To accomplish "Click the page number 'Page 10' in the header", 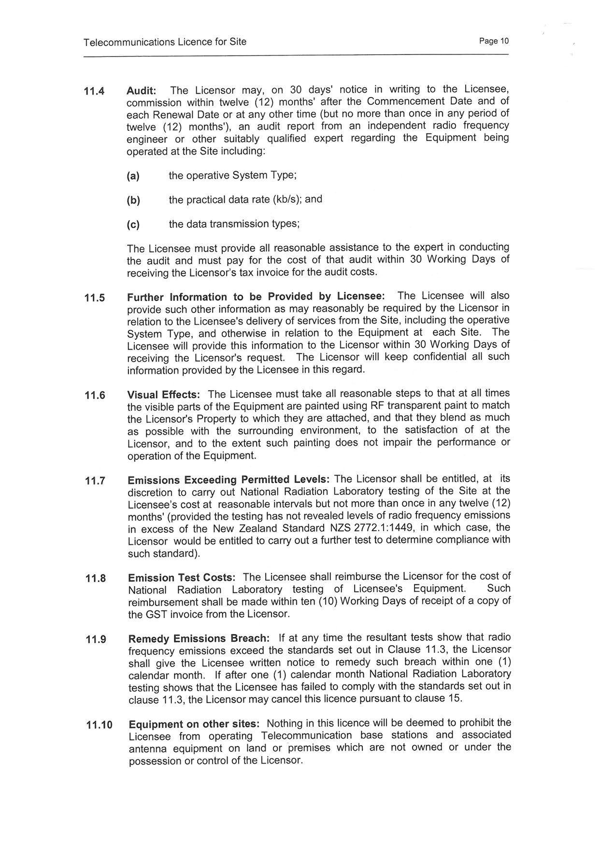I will (494, 41).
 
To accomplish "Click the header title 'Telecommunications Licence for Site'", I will (165, 42).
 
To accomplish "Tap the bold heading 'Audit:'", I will (142, 91).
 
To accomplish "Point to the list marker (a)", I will (133, 176).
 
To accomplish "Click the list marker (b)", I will (133, 200).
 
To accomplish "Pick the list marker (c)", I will (133, 225).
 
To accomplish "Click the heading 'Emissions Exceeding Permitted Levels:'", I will (228, 480).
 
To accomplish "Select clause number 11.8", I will (96, 578).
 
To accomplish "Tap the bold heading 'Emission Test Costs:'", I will (182, 578).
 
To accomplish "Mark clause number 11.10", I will (99, 725).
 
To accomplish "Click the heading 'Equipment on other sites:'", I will (195, 724).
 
